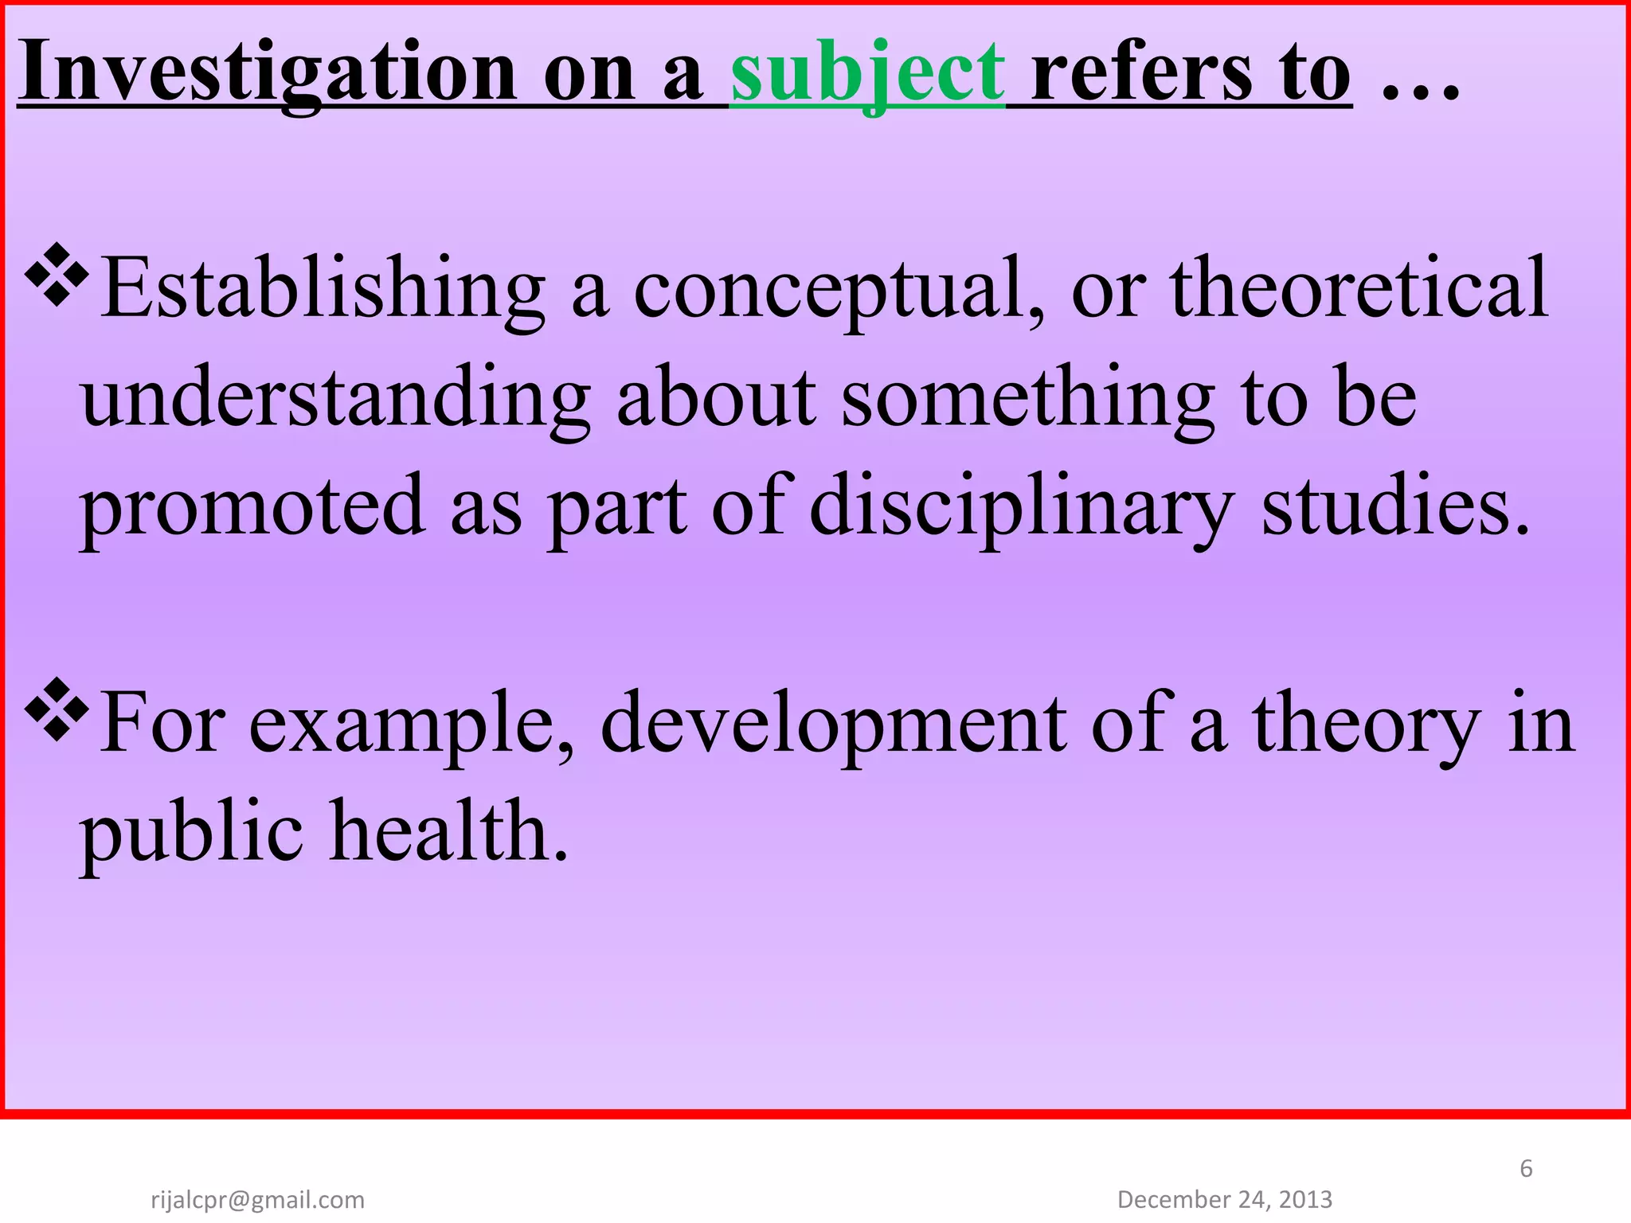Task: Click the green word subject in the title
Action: coord(867,73)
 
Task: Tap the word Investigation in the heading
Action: coord(268,73)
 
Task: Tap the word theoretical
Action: coord(1359,287)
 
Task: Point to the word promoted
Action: coord(252,506)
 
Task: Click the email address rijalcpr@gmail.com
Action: coord(257,1199)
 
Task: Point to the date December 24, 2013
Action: coord(1225,1198)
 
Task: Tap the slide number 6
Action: coord(1526,1168)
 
